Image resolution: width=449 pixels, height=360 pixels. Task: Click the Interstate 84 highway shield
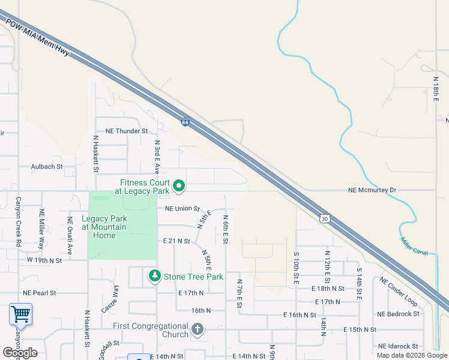click(185, 122)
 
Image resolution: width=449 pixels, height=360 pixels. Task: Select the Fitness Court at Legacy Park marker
click(179, 187)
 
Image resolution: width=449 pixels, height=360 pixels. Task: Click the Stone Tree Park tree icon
click(155, 277)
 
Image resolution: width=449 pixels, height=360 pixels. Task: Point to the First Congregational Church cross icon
click(197, 329)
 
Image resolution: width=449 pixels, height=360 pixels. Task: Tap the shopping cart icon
click(20, 314)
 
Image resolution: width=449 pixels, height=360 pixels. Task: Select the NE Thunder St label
click(127, 131)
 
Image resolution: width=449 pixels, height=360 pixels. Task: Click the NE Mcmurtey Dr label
click(372, 190)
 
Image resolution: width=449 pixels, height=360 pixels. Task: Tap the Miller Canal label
click(414, 247)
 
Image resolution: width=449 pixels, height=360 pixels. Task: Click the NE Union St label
click(181, 209)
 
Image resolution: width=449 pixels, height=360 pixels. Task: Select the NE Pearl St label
click(39, 293)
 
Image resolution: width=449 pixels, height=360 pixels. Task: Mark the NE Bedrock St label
click(398, 314)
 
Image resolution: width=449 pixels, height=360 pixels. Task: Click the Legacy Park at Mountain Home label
click(104, 227)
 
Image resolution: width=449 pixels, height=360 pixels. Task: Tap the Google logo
click(20, 353)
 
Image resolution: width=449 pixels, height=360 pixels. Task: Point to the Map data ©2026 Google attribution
click(412, 355)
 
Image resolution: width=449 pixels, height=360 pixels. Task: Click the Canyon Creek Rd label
click(18, 222)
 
